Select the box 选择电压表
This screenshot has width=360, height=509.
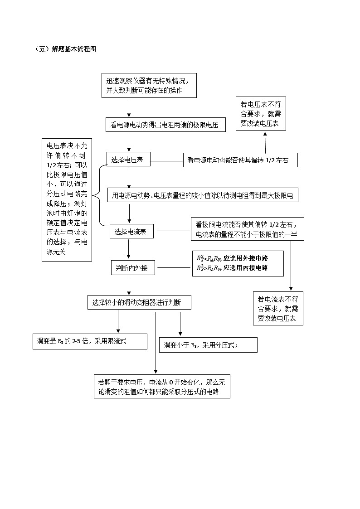point(128,159)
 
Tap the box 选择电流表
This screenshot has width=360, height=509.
point(131,232)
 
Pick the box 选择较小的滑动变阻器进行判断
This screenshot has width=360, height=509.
point(139,302)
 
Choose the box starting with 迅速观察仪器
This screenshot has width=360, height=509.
point(150,85)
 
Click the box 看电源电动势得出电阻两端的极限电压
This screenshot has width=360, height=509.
point(165,125)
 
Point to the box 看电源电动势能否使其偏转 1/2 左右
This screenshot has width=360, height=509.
point(240,160)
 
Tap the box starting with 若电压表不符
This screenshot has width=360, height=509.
point(260,113)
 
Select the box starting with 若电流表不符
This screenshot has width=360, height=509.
point(277,309)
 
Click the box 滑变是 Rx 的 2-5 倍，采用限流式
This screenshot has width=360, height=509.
point(90,341)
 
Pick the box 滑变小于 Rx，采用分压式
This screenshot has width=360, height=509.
point(208,345)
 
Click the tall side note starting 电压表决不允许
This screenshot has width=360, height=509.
point(67,199)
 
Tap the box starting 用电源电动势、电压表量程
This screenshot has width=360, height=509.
point(203,196)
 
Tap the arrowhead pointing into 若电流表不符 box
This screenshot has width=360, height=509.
point(290,289)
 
